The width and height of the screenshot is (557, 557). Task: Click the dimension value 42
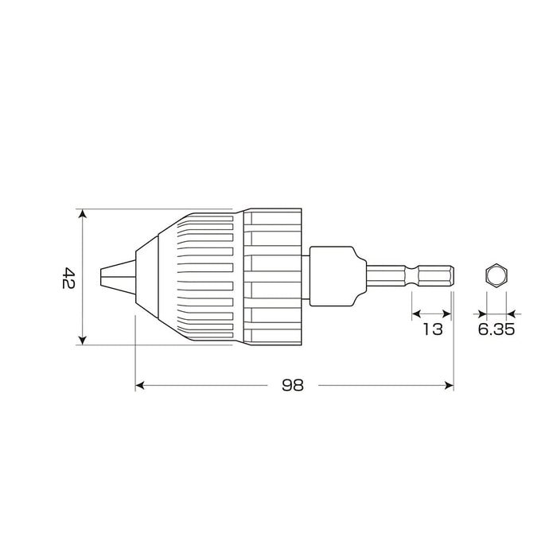[68, 277]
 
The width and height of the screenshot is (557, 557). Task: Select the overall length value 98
[293, 385]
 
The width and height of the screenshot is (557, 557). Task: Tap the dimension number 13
[432, 329]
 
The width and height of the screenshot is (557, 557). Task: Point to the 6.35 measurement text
[497, 329]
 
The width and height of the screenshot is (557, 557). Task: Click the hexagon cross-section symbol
[496, 276]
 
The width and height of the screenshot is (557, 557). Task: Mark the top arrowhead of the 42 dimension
[83, 213]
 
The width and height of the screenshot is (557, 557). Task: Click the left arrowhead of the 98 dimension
[140, 385]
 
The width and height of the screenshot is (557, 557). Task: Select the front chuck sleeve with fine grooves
[199, 277]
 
